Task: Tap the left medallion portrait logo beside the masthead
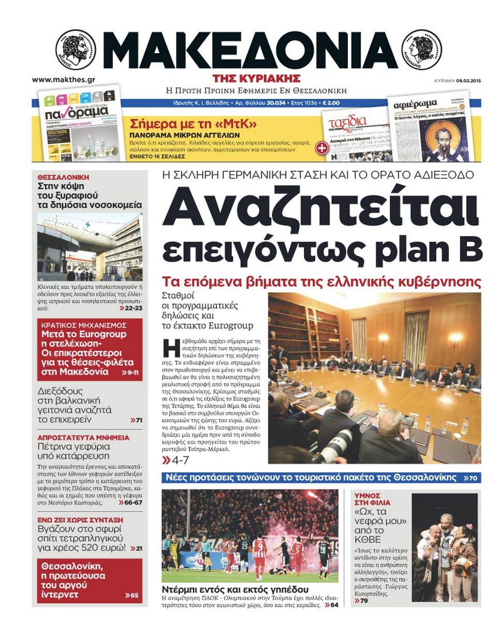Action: pos(76,50)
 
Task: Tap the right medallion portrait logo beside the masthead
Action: pos(422,50)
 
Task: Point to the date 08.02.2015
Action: pos(469,81)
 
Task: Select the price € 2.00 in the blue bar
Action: pos(331,103)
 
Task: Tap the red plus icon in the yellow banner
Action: pos(321,147)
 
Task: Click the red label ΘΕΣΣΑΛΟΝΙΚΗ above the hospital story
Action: pos(63,177)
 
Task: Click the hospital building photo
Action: pos(90,247)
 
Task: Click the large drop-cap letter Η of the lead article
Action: pos(171,348)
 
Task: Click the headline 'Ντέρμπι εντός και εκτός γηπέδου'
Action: pos(235,589)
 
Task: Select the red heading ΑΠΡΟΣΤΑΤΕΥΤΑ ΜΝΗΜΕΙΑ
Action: pos(83,437)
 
